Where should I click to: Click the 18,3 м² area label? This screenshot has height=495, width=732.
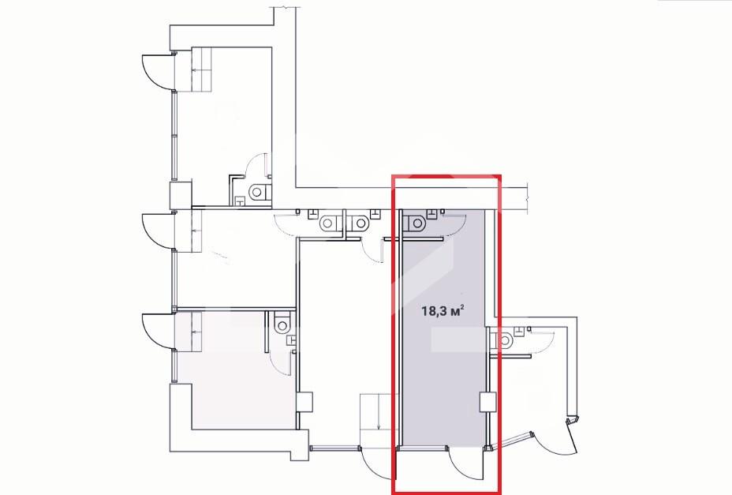[443, 311]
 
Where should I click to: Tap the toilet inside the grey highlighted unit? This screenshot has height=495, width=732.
[415, 223]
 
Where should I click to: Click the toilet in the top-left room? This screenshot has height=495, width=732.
[259, 192]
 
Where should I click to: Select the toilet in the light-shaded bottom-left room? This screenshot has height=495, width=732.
[282, 324]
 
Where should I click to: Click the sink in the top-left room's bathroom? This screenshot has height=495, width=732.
[239, 201]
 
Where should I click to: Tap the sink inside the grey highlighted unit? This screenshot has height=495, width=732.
[433, 214]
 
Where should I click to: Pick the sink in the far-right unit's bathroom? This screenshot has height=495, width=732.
[519, 331]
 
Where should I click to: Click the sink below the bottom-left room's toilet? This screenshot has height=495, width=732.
[291, 339]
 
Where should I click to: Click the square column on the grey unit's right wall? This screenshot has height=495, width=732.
[487, 403]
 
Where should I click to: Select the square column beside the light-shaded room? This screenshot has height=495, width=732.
[304, 402]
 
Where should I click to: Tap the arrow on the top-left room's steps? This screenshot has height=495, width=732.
[201, 70]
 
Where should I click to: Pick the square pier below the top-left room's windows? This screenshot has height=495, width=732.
[180, 195]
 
